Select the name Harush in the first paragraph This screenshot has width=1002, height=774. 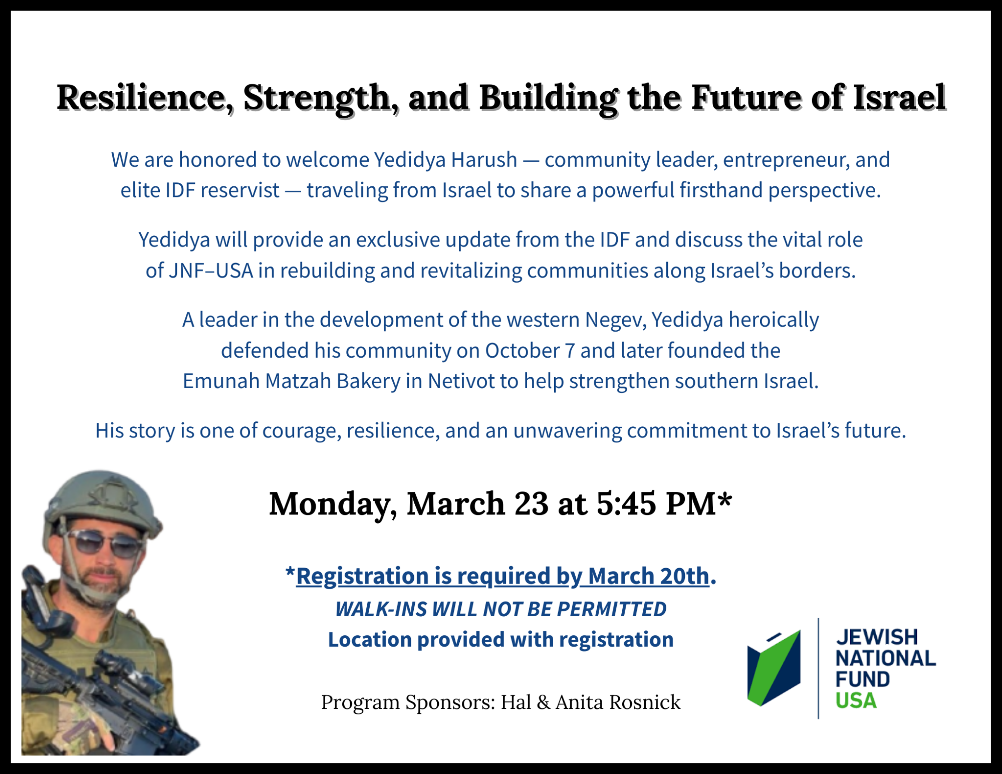click(484, 160)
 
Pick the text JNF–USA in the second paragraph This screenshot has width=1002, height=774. click(211, 271)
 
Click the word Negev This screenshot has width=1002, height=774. click(615, 320)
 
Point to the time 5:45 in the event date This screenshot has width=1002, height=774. click(626, 503)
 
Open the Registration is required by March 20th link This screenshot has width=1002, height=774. click(503, 576)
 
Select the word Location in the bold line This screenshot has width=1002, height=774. click(370, 640)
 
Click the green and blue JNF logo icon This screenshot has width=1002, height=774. click(774, 668)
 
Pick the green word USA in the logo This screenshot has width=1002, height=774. click(856, 701)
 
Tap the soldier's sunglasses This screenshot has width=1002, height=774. click(107, 544)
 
